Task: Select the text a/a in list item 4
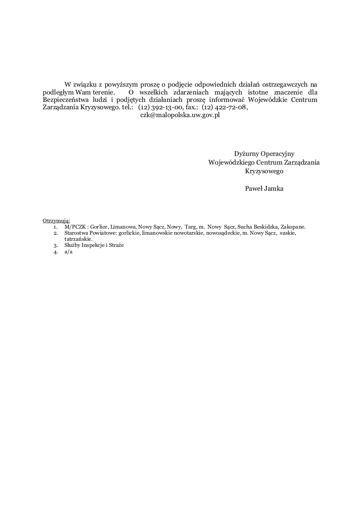point(68,252)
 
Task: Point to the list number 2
point(56,233)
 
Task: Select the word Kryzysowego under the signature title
point(264,171)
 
